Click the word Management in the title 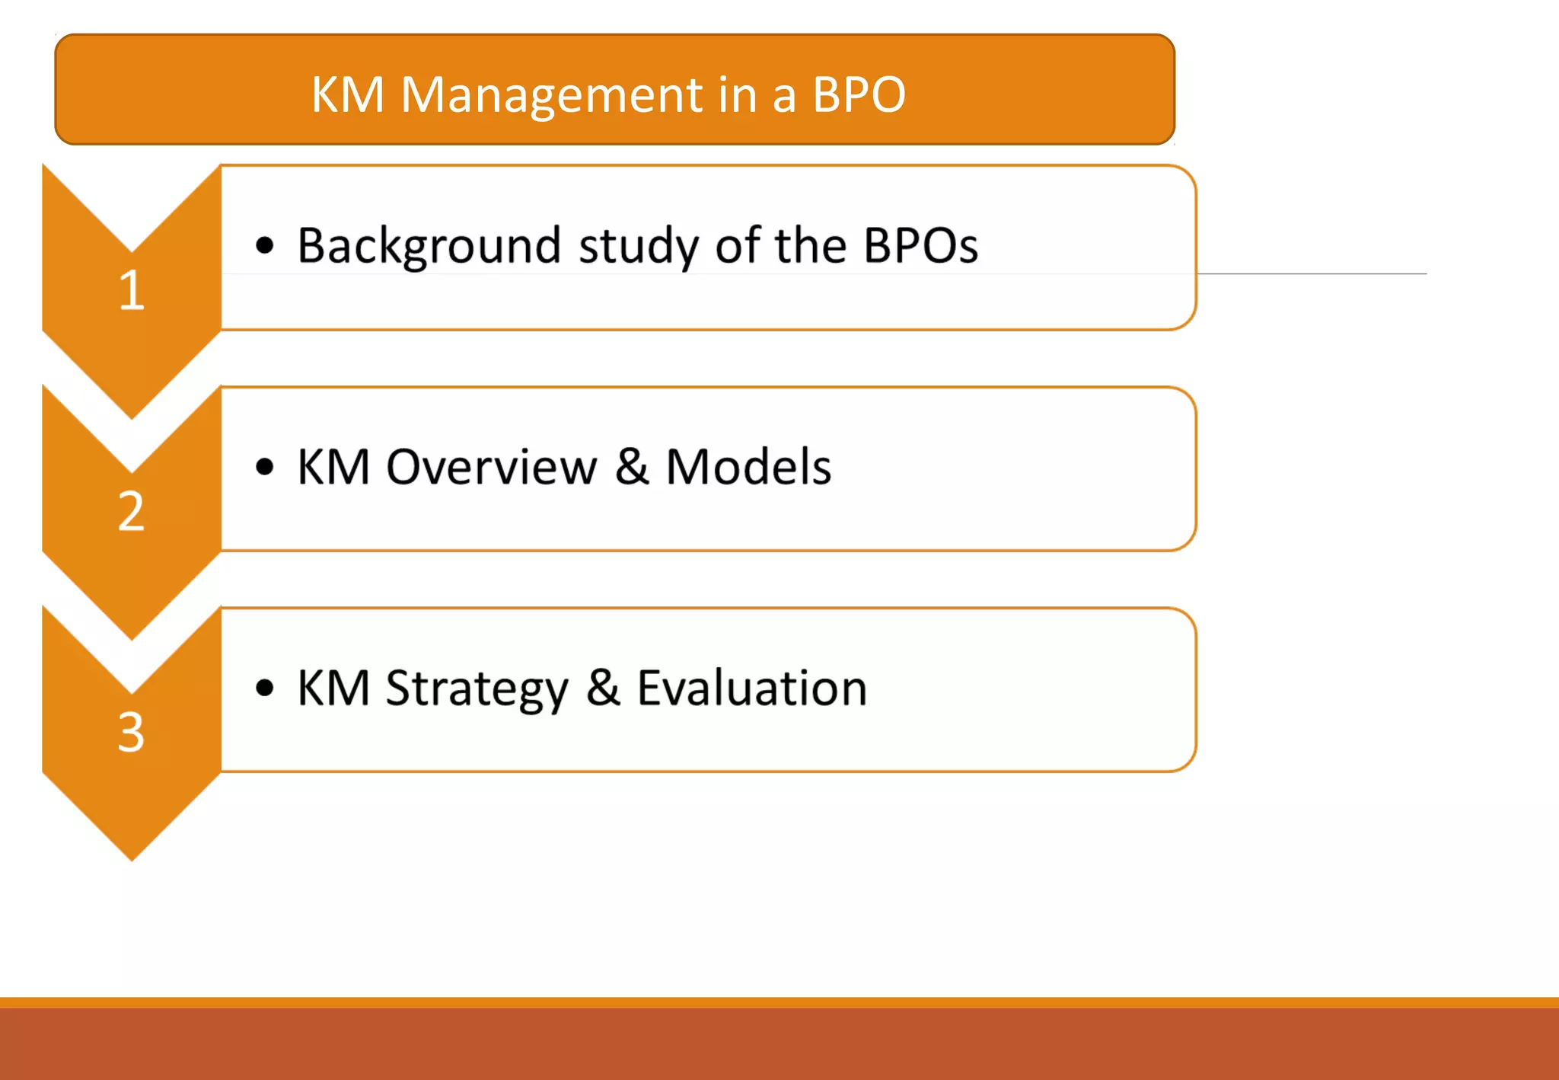[551, 95]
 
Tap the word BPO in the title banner [859, 95]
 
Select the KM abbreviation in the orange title [348, 95]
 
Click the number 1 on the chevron [132, 290]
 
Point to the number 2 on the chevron [131, 511]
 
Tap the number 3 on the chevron [131, 732]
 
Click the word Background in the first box [429, 246]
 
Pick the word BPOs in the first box [920, 246]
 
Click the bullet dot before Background [264, 246]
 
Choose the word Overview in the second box [492, 467]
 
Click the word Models [748, 467]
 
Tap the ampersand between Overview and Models [631, 467]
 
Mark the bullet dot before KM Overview [264, 467]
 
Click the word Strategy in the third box [477, 689]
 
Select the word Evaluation [752, 689]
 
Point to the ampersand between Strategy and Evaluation [603, 689]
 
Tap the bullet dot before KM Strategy [264, 688]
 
